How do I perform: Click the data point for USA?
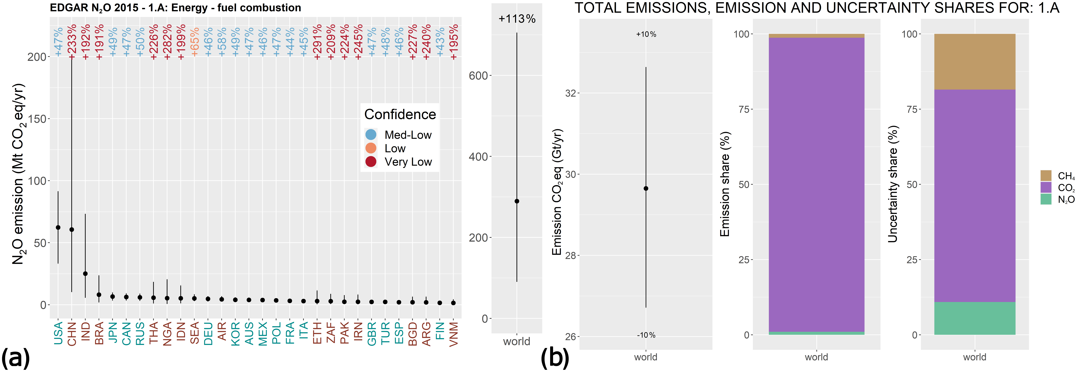point(58,227)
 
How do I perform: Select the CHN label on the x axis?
point(72,333)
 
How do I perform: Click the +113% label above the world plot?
point(517,19)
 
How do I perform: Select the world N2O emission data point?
point(517,201)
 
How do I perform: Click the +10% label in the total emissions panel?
point(646,34)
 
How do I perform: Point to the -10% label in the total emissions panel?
point(646,335)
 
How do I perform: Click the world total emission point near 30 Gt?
point(646,189)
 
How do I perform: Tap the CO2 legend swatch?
point(1046,187)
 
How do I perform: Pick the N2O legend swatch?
point(1046,199)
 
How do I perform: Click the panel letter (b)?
point(555,358)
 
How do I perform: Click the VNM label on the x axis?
point(454,333)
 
